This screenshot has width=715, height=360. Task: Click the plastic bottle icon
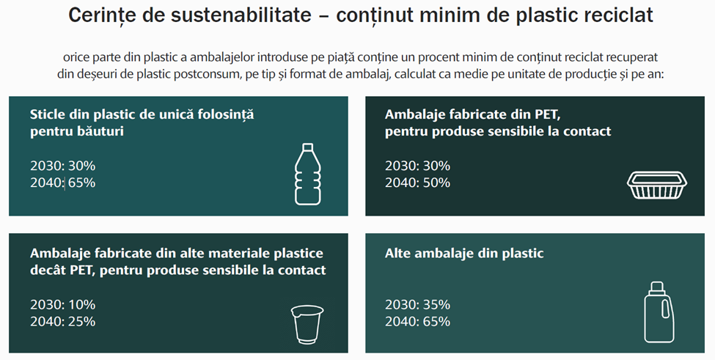click(307, 174)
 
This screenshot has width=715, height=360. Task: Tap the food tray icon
click(657, 185)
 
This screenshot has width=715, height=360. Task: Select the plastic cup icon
click(307, 324)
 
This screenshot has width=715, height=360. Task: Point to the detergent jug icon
click(659, 312)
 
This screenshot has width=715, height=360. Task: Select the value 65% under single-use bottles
click(81, 183)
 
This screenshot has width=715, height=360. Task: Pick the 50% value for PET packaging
click(436, 183)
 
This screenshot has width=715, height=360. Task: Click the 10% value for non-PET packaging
click(81, 304)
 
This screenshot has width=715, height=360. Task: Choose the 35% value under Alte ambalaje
click(436, 304)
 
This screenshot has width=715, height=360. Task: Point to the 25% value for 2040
click(81, 321)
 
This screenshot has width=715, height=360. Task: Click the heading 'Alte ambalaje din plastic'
click(464, 254)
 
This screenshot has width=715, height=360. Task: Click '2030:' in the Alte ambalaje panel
click(402, 304)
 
